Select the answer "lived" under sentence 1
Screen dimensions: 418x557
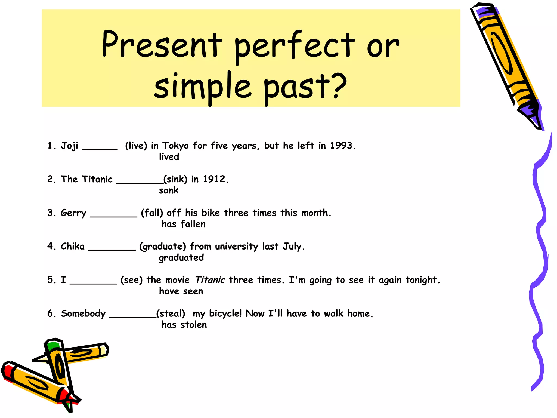tap(169, 157)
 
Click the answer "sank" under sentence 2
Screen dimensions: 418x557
tap(169, 190)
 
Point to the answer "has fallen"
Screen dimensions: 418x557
tap(183, 224)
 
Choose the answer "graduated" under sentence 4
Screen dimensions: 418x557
tap(181, 258)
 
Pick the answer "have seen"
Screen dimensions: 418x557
tap(181, 291)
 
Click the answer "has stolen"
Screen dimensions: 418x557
tap(184, 325)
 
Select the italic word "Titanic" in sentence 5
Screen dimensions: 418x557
tap(210, 280)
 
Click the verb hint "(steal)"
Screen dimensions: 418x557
tap(171, 313)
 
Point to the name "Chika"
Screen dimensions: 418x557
tap(73, 246)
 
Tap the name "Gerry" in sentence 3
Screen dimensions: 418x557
tap(73, 213)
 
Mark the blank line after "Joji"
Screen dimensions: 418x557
tap(100, 149)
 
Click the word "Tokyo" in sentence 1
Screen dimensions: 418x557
tap(175, 146)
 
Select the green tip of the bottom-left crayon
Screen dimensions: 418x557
tap(52, 346)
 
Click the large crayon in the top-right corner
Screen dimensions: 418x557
tap(506, 63)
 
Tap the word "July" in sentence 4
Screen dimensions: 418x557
tap(292, 247)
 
